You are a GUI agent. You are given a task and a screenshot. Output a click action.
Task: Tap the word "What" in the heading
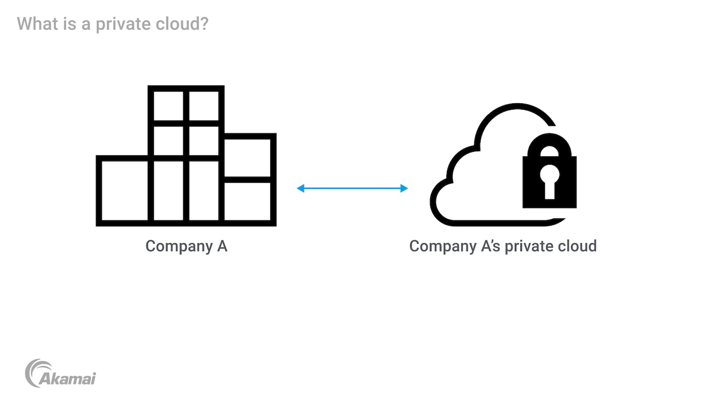(x=37, y=23)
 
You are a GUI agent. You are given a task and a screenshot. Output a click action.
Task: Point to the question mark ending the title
(x=204, y=23)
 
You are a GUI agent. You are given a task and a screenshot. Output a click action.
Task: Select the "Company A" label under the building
(x=186, y=246)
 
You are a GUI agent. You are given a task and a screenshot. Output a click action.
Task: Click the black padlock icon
(x=549, y=174)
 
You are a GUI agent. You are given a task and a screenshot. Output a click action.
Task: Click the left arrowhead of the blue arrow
(x=300, y=188)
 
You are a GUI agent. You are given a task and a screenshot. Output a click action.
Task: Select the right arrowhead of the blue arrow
(x=404, y=188)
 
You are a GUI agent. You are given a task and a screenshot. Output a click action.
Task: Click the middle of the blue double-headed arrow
(x=352, y=188)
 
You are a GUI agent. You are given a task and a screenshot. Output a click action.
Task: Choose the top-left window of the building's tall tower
(x=168, y=106)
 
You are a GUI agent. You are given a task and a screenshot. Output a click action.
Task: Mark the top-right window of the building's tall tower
(x=204, y=106)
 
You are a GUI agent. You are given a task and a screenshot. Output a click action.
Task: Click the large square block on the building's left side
(x=125, y=190)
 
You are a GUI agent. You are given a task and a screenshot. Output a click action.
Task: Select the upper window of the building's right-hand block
(x=247, y=157)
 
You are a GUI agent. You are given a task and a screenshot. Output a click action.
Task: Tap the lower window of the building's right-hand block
(x=247, y=201)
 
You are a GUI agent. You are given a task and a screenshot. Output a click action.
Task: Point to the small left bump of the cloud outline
(x=439, y=201)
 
